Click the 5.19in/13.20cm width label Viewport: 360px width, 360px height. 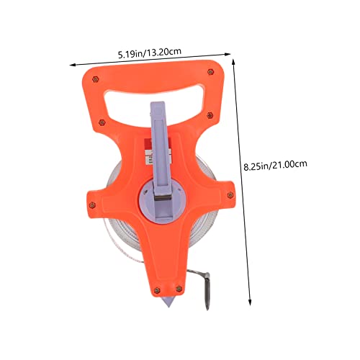(x=150, y=53)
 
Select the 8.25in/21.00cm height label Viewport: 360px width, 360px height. (x=275, y=165)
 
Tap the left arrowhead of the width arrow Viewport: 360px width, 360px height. (x=72, y=65)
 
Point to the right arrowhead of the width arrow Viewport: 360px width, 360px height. (x=228, y=54)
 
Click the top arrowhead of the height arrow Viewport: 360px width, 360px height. (x=233, y=61)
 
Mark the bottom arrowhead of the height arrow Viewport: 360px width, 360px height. (x=250, y=302)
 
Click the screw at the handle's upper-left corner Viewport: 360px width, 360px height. (x=96, y=79)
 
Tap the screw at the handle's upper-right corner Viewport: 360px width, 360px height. (x=210, y=71)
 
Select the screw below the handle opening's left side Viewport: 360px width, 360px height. (x=102, y=122)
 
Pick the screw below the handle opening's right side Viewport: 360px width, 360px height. (x=210, y=115)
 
